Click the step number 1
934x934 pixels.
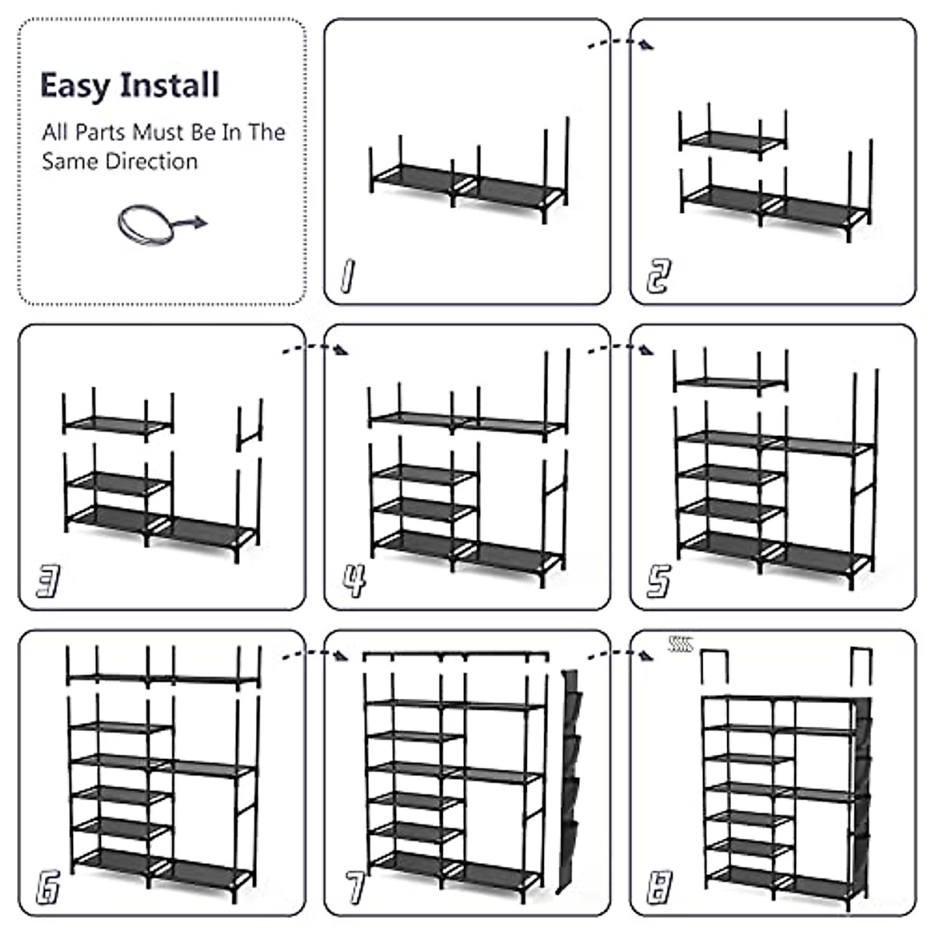[347, 276]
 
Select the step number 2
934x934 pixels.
[657, 276]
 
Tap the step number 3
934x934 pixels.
[48, 581]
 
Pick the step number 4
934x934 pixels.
[354, 581]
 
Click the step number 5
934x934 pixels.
[658, 581]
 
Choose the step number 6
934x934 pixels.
[48, 887]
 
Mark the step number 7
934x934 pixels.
[354, 887]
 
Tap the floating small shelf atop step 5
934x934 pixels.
[729, 377]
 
